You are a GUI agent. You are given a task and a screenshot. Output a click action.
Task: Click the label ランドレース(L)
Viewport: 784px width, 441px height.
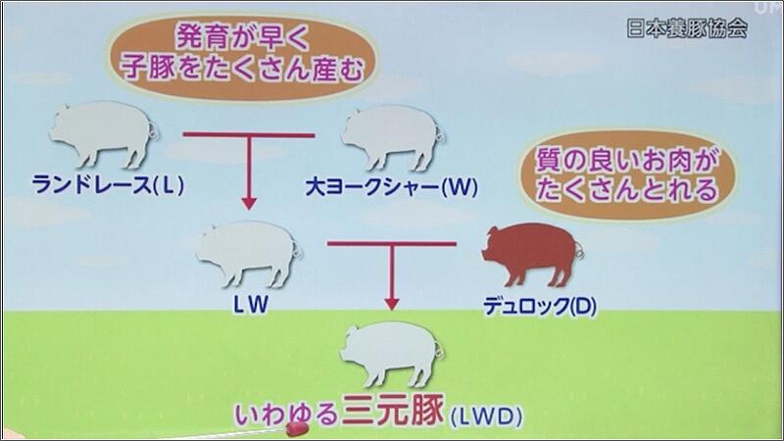pyautogui.click(x=108, y=185)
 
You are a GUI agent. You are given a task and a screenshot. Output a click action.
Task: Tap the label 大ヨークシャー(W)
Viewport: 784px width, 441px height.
pyautogui.click(x=391, y=187)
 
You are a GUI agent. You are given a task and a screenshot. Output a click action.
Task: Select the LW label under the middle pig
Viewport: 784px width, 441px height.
pyautogui.click(x=251, y=305)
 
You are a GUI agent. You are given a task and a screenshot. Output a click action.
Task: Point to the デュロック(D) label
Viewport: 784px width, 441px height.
pyautogui.click(x=540, y=306)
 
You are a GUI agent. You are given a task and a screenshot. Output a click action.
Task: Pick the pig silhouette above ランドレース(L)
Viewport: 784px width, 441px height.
pyautogui.click(x=103, y=134)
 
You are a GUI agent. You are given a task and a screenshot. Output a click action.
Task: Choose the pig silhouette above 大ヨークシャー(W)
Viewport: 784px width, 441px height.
pyautogui.click(x=393, y=137)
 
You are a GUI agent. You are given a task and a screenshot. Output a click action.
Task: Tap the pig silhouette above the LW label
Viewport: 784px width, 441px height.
pyautogui.click(x=249, y=254)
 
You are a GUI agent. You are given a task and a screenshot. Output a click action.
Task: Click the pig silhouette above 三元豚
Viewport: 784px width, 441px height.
pyautogui.click(x=392, y=354)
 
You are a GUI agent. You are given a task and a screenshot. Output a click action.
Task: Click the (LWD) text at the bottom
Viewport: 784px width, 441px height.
pyautogui.click(x=486, y=416)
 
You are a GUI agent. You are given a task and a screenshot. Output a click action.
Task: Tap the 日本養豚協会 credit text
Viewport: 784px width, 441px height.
pyautogui.click(x=687, y=28)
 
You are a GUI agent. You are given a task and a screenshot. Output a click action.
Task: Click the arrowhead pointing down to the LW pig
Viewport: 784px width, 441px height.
pyautogui.click(x=249, y=203)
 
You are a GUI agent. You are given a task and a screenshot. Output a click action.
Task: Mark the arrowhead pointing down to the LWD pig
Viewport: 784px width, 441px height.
pyautogui.click(x=392, y=304)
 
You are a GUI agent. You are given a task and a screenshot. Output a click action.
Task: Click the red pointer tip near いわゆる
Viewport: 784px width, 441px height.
pyautogui.click(x=297, y=428)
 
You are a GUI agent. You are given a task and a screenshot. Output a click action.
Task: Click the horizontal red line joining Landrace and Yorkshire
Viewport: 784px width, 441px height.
pyautogui.click(x=249, y=135)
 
